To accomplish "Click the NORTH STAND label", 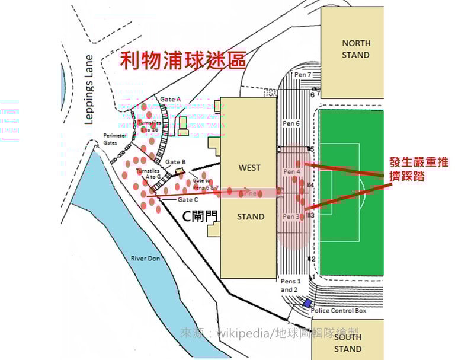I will [356, 49].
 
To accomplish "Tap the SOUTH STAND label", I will [348, 343].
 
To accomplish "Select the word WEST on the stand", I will [249, 168].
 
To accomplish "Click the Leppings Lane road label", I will [89, 90].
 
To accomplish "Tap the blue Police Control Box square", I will [307, 303].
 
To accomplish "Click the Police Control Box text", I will [339, 310].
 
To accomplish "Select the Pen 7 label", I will [302, 75].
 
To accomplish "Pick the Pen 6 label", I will [290, 123].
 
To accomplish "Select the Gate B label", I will [176, 162].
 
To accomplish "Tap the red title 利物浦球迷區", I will [182, 60].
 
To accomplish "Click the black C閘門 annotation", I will [199, 216].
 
